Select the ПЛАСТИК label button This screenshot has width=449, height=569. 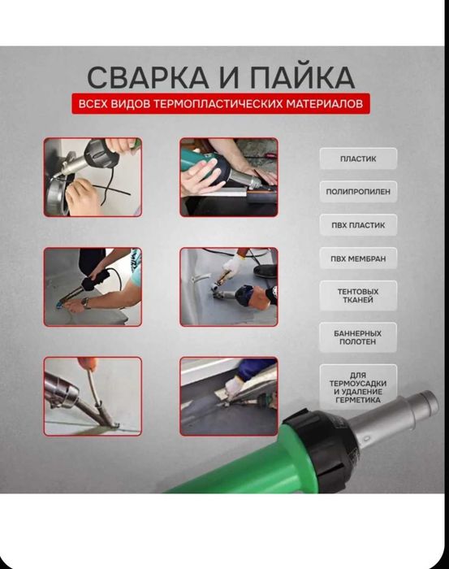357,159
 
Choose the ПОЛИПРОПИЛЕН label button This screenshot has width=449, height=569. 357,192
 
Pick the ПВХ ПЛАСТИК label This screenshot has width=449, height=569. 357,225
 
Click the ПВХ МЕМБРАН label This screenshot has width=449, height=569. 357,258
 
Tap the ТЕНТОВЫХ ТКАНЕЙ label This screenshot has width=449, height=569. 357,295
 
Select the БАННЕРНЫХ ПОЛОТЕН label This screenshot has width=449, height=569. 357,337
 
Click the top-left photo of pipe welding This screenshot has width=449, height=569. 93,176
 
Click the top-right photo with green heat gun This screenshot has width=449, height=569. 228,176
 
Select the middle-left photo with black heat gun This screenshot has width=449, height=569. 93,287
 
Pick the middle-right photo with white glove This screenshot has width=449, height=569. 228,287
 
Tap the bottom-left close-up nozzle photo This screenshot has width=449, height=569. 93,397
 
